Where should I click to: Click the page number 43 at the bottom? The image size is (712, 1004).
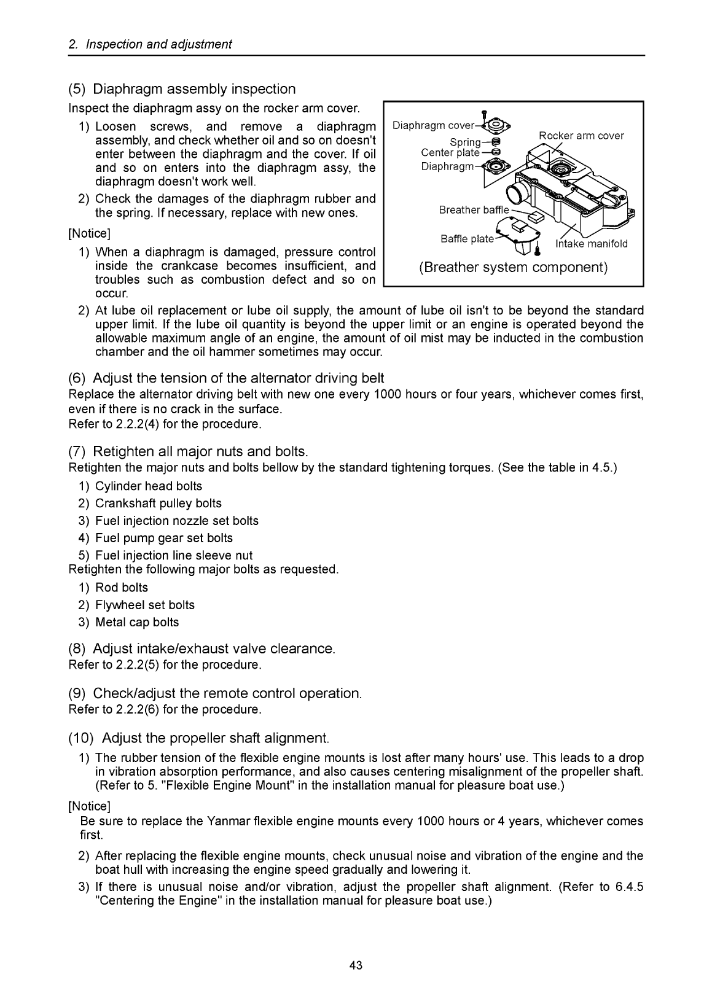(x=356, y=965)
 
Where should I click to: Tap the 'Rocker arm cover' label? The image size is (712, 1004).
(x=581, y=136)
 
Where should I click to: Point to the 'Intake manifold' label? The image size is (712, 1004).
(x=591, y=244)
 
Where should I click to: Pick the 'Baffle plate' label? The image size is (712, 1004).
(x=467, y=239)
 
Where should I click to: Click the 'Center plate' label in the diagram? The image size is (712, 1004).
(x=450, y=153)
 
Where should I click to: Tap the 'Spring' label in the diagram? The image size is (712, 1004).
(x=465, y=142)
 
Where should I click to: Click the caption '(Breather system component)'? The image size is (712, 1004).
(x=513, y=268)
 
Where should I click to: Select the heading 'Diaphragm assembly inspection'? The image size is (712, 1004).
(x=194, y=90)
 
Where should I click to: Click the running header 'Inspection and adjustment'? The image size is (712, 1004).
(x=158, y=44)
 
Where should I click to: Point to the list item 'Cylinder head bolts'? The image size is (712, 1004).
(x=149, y=486)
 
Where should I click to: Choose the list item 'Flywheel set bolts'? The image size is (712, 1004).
(x=145, y=605)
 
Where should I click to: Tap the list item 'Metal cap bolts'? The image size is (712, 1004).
(x=137, y=622)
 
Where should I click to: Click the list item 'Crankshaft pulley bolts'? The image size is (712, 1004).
(x=158, y=504)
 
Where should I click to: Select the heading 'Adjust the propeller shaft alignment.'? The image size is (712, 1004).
(x=216, y=737)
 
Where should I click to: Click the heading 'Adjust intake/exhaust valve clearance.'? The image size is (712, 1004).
(x=214, y=649)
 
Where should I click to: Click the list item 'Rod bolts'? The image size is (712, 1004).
(x=122, y=588)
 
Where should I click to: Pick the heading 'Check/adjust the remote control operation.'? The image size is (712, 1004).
(x=227, y=693)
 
